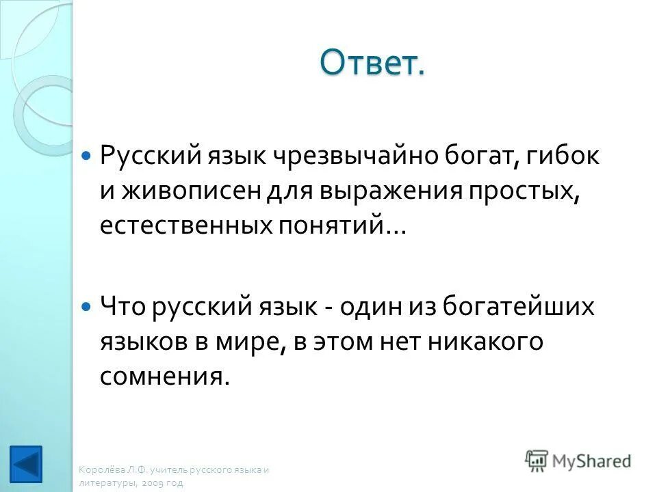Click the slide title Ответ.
point(372,64)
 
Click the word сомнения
point(163,377)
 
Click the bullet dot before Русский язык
point(86,156)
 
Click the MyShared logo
point(578,461)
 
